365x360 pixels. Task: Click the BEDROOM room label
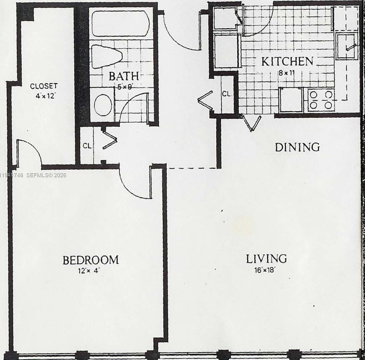tap(91, 260)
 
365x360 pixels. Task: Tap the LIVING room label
tap(266, 259)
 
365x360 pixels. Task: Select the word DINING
tap(297, 147)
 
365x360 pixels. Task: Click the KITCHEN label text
tap(287, 62)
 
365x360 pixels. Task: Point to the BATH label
tap(123, 76)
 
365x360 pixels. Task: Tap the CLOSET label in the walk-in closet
tap(44, 86)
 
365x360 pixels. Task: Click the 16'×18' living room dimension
tap(265, 271)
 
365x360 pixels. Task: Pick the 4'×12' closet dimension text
tap(45, 96)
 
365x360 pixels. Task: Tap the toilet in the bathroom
tap(107, 56)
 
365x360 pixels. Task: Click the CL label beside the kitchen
tap(227, 94)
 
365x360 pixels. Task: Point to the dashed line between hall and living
tap(192, 168)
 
